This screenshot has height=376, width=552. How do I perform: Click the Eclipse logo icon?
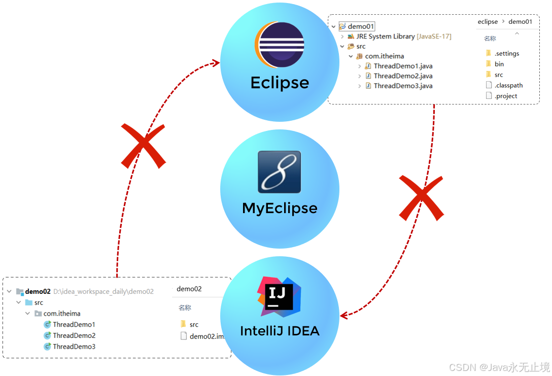(x=280, y=45)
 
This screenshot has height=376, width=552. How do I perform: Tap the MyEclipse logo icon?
(x=280, y=172)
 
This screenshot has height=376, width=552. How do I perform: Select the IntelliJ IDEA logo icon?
(x=279, y=294)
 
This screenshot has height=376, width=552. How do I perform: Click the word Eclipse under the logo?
(x=280, y=83)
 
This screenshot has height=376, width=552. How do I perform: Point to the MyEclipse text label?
(x=280, y=208)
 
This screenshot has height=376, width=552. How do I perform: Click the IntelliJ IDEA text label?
(x=280, y=331)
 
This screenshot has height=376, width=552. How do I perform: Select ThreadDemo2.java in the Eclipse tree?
(x=403, y=76)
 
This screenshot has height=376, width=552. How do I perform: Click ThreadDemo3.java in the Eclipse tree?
(x=403, y=86)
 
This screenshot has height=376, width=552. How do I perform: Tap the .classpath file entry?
(x=508, y=85)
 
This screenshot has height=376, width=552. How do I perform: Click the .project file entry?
(x=506, y=96)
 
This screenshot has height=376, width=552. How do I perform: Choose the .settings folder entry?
(x=506, y=53)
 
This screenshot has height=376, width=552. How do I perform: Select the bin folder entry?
(x=499, y=64)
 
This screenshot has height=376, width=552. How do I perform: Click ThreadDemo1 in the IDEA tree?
(x=74, y=325)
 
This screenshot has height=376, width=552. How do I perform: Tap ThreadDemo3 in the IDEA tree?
(x=74, y=347)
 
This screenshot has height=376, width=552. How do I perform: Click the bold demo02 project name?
(x=38, y=291)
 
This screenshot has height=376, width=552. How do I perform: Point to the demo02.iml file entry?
(x=206, y=336)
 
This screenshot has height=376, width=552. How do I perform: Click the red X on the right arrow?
(x=421, y=197)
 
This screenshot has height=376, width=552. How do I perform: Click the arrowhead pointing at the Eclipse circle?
(x=216, y=62)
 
